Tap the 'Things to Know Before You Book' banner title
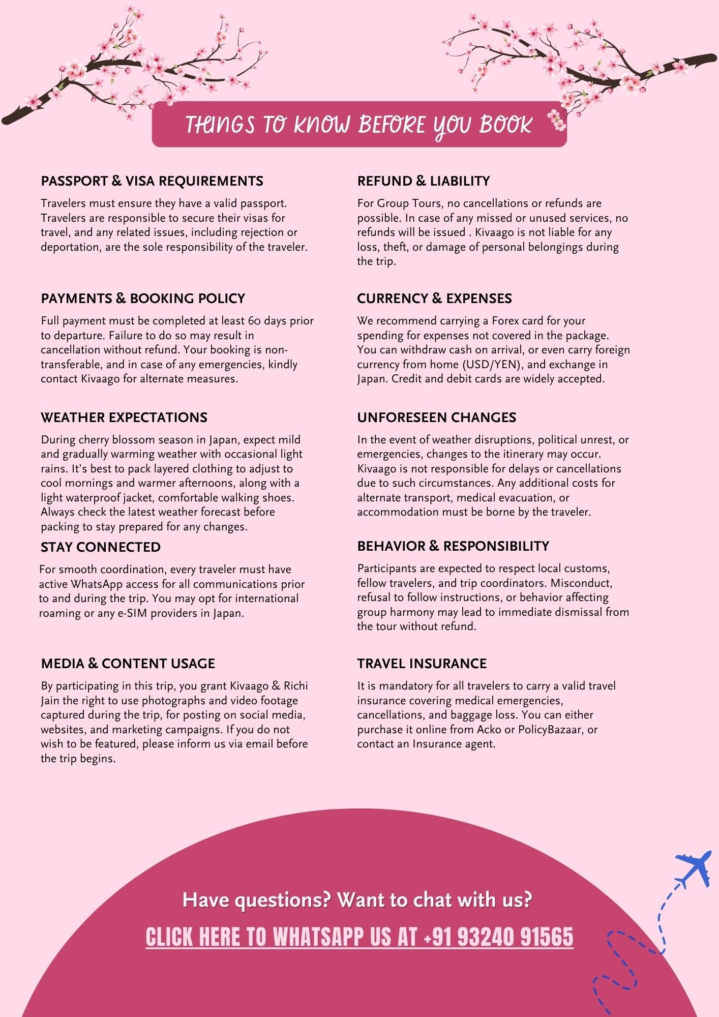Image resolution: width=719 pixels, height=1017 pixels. tap(358, 125)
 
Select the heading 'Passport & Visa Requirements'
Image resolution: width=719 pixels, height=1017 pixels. tap(152, 181)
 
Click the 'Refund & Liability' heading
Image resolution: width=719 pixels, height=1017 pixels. tap(423, 181)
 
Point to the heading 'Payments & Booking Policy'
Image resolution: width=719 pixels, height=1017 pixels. tap(143, 298)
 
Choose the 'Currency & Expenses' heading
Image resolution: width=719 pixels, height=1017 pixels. tap(434, 298)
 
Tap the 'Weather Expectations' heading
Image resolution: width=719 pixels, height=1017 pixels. tap(124, 417)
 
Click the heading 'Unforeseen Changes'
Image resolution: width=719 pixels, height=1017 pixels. tap(436, 417)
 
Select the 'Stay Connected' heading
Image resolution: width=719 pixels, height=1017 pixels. tap(101, 547)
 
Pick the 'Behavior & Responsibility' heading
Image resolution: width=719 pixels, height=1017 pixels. tap(453, 546)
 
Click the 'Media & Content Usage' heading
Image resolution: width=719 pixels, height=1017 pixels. tap(128, 664)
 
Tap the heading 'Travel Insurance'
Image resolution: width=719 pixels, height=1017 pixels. tap(422, 664)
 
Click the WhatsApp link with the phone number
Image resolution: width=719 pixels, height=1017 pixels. tap(359, 937)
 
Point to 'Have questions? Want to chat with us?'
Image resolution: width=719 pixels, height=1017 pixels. tap(357, 900)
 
